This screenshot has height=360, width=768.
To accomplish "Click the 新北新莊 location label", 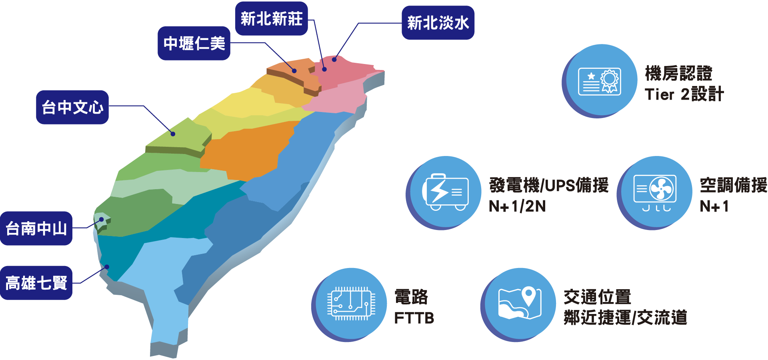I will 271,19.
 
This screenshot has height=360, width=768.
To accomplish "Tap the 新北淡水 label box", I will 438,23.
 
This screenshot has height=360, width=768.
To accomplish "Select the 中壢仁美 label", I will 194,43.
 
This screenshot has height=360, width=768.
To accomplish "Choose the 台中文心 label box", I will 72,107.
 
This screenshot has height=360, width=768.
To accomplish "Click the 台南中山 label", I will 36,228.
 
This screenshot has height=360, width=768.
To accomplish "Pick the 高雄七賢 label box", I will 36,283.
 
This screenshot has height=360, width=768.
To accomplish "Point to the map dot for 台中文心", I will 173,134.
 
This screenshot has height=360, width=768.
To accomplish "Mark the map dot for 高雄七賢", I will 107,267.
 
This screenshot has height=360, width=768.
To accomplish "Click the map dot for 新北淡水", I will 334,60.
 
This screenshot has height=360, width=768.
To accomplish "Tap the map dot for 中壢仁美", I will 294,71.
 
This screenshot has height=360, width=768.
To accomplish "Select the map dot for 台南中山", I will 102,219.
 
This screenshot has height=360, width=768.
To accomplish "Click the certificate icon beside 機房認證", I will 599,81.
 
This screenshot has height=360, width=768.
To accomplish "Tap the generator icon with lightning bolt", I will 445,192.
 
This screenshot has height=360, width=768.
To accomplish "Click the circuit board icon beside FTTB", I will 351,304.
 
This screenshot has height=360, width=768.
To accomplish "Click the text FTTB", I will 414,318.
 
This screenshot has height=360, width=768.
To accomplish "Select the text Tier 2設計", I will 684,94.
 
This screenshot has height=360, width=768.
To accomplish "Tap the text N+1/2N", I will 517,206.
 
